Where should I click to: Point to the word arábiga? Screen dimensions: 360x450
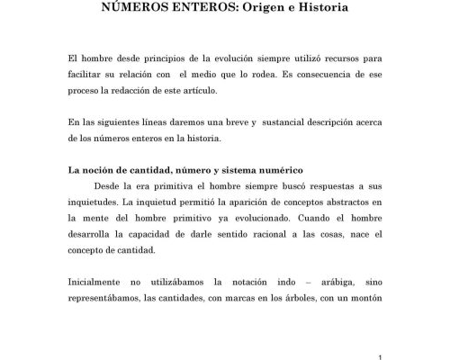tap(329, 282)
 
